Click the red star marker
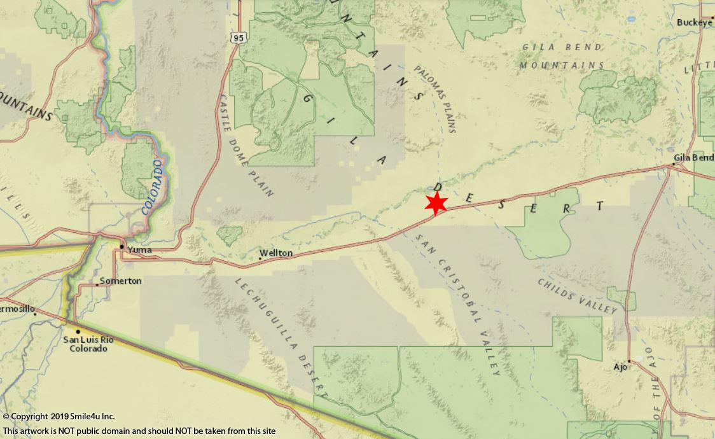tap(436, 204)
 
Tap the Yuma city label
tap(139, 250)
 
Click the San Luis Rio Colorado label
tap(88, 344)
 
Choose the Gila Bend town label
tap(693, 157)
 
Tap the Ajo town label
tap(620, 367)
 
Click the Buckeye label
tap(695, 22)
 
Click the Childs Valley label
tap(577, 296)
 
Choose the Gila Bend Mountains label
tap(562, 56)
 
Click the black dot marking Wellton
tap(260, 258)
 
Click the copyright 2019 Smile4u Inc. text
tap(59, 417)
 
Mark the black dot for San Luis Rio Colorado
tap(78, 331)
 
